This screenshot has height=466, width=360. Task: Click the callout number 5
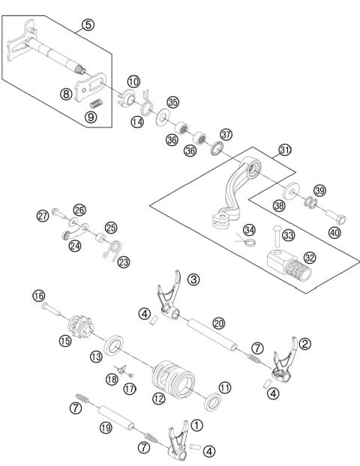click(x=88, y=25)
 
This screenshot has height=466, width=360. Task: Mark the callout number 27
click(x=43, y=216)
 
